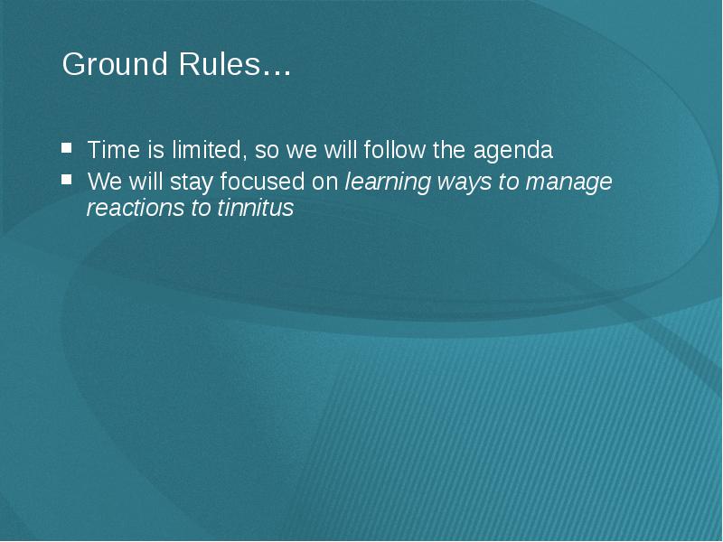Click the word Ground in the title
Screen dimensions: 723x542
point(115,63)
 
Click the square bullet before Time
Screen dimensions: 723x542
point(67,147)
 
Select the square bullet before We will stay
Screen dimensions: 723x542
point(67,179)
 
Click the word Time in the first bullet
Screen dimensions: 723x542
point(114,150)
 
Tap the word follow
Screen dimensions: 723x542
point(394,150)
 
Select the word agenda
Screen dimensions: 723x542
point(513,152)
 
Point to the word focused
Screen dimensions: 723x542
point(262,182)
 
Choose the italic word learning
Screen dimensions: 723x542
point(388,182)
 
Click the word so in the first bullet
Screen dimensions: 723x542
point(267,153)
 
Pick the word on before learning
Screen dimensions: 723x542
point(325,183)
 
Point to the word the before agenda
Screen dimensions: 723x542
point(449,150)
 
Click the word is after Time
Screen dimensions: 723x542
point(156,150)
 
